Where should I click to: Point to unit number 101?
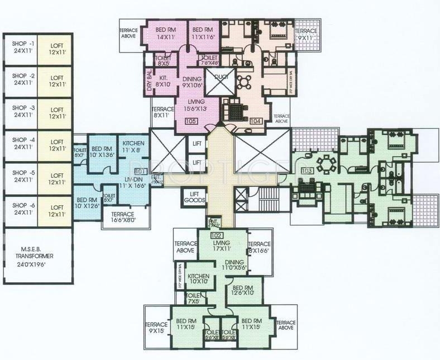point(141,171)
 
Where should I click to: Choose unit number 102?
point(217,236)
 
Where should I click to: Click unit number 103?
point(306,170)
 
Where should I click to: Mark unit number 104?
point(256,121)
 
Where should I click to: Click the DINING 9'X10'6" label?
point(192,83)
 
